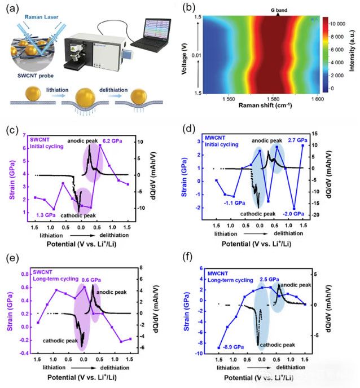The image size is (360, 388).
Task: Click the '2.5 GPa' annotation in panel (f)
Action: tap(267, 279)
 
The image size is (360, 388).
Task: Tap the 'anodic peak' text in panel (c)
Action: tap(84, 139)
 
